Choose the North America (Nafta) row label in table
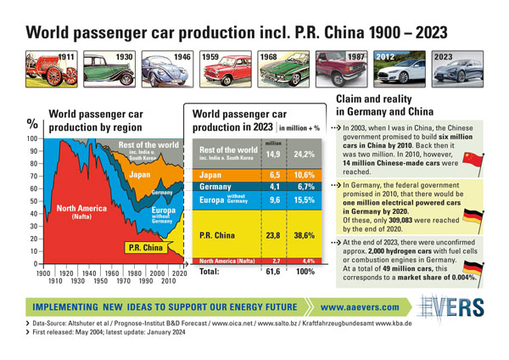[226, 262]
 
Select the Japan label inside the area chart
[140, 175]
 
